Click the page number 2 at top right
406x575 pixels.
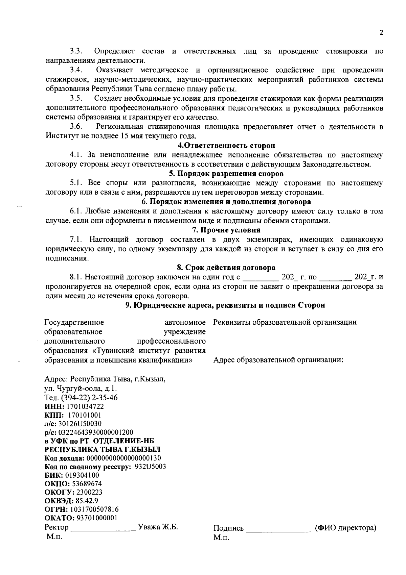(382, 33)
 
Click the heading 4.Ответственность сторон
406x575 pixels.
(226, 146)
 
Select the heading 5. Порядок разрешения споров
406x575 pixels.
(226, 174)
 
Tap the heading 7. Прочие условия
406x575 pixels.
(226, 230)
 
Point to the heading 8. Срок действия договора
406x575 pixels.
(226, 268)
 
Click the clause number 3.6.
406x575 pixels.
(76, 127)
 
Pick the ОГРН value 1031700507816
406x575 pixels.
(94, 509)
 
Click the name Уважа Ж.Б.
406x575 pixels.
(158, 527)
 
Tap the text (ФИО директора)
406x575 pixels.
(345, 528)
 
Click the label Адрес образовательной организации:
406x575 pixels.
(278, 360)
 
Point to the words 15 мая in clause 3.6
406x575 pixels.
(130, 136)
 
